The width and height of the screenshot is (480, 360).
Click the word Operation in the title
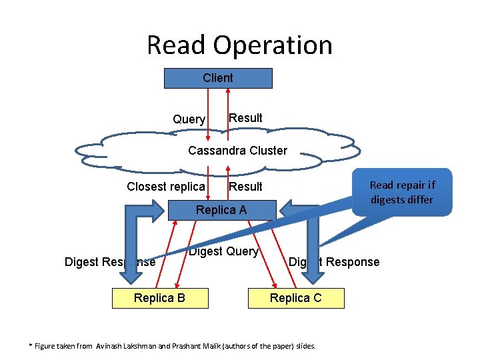click(x=274, y=45)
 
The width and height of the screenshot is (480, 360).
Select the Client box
click(x=218, y=78)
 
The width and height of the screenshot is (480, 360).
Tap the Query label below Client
click(x=189, y=119)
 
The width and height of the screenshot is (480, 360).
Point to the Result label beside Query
click(x=245, y=118)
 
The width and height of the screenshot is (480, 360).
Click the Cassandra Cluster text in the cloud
click(x=237, y=151)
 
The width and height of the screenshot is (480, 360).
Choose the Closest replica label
click(x=166, y=187)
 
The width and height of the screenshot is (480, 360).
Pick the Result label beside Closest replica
click(x=245, y=187)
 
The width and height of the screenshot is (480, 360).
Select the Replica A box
click(x=221, y=211)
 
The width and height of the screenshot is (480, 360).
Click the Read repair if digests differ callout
click(x=401, y=192)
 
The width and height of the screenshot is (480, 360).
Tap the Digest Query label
click(x=223, y=251)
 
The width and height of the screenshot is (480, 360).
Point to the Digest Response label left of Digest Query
click(x=109, y=262)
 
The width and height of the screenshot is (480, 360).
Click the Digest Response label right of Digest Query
click(x=334, y=262)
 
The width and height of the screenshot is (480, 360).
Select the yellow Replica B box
click(x=159, y=298)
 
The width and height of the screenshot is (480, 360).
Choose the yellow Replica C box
click(x=295, y=298)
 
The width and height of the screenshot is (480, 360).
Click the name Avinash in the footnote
click(x=111, y=345)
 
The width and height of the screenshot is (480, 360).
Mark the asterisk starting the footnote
click(x=30, y=345)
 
